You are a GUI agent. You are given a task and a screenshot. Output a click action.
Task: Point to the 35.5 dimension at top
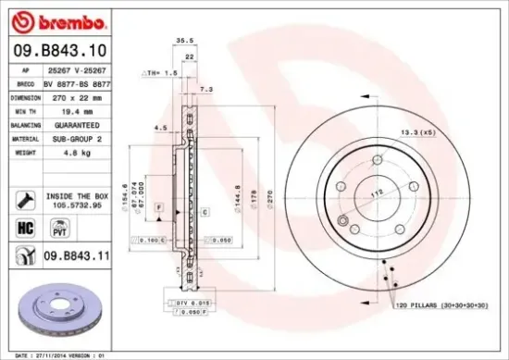[x=184, y=40]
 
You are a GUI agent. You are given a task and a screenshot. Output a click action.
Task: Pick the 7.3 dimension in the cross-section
[x=206, y=89]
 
